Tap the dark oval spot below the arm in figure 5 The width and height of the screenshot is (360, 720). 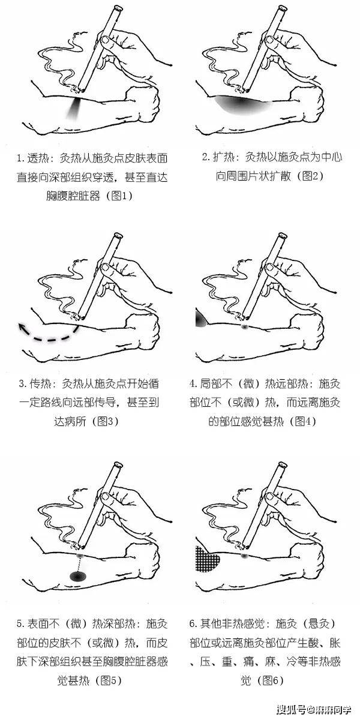coord(77,576)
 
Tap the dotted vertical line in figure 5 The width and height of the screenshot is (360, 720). coord(77,560)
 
